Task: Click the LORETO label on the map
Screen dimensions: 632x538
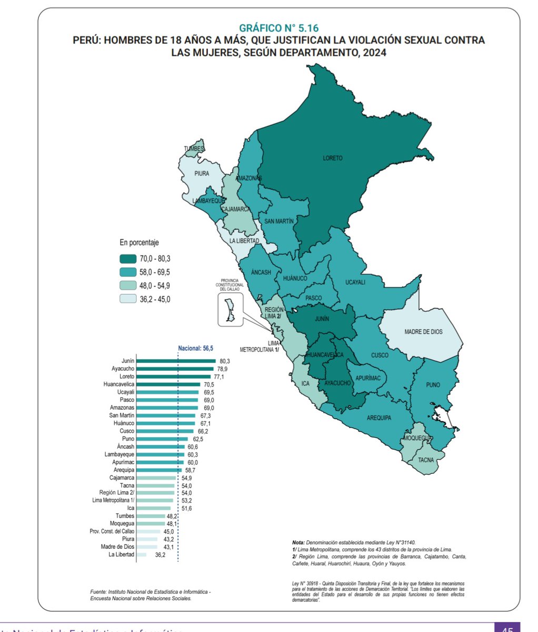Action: point(333,158)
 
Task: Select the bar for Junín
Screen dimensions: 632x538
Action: point(176,361)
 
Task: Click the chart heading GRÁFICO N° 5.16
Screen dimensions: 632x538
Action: point(278,28)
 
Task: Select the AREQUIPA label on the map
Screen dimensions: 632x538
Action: point(378,418)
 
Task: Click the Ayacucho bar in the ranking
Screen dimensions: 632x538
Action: point(175,369)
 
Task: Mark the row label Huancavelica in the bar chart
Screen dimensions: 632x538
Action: point(119,384)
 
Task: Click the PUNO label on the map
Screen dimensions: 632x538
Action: point(433,385)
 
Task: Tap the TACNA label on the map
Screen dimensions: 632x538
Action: point(426,459)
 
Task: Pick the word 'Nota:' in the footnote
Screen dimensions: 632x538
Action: point(299,542)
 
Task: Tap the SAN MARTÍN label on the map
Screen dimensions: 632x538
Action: point(279,222)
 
